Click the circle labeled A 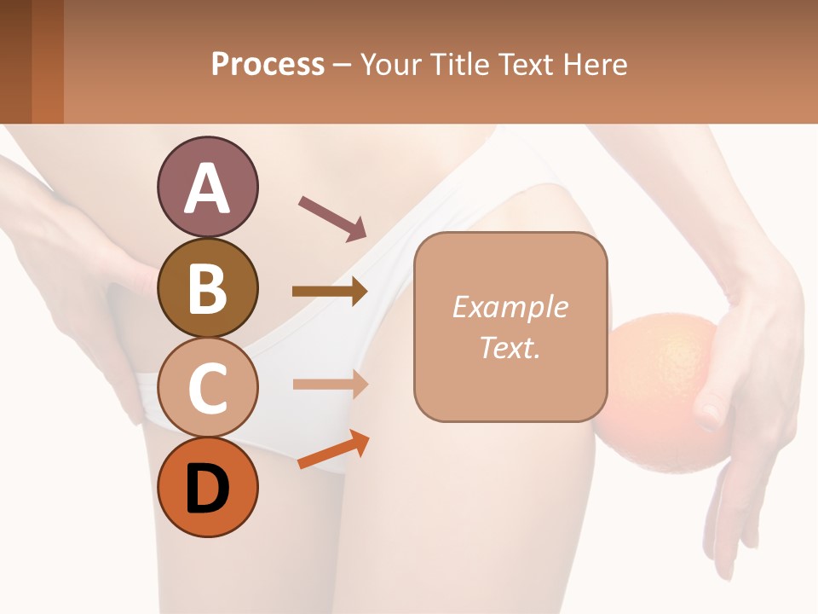pyautogui.click(x=207, y=187)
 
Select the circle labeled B pyautogui.click(x=207, y=287)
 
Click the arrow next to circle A pyautogui.click(x=332, y=217)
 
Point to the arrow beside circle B pyautogui.click(x=330, y=292)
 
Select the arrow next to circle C pyautogui.click(x=330, y=384)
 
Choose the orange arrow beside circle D pyautogui.click(x=333, y=449)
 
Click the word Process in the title pyautogui.click(x=268, y=64)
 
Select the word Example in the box pyautogui.click(x=510, y=307)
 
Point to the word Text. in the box pyautogui.click(x=510, y=347)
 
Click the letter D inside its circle pyautogui.click(x=207, y=489)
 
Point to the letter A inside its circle pyautogui.click(x=207, y=188)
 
